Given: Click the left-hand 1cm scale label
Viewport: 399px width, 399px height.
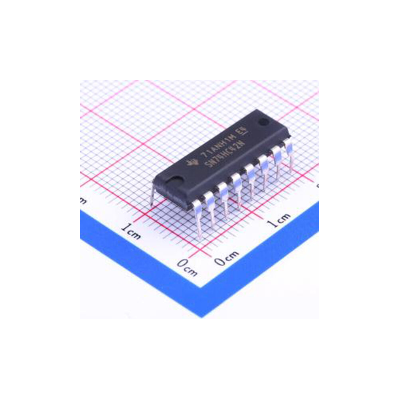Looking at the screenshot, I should (x=131, y=231).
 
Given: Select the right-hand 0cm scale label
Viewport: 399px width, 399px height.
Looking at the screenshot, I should (x=226, y=257).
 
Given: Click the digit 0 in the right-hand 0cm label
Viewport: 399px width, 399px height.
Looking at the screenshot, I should (x=219, y=261).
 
